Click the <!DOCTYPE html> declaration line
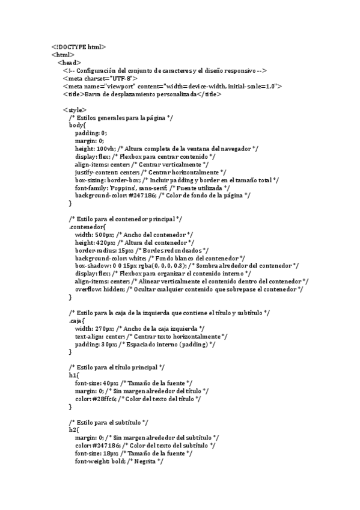click(x=79, y=47)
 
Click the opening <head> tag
click(x=69, y=63)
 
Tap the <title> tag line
click(x=142, y=94)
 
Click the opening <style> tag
click(x=75, y=110)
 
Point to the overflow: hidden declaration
click(x=99, y=289)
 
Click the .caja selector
click(x=77, y=321)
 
